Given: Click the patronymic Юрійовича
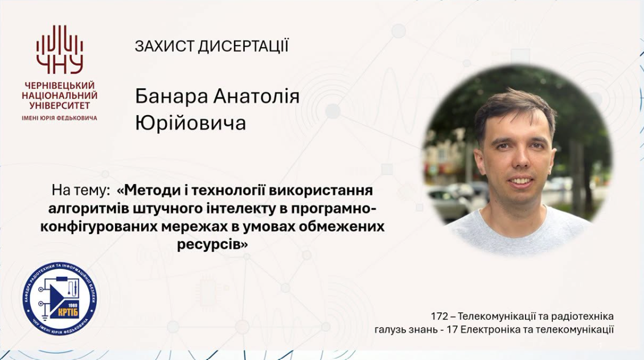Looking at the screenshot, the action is tap(191, 123).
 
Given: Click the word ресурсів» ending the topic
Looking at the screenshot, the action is tap(213, 245).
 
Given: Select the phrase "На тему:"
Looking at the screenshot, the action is tap(81, 190).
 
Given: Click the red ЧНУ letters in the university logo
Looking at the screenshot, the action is tap(60, 65).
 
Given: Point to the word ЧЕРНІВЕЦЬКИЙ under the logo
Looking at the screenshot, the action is tap(60, 85).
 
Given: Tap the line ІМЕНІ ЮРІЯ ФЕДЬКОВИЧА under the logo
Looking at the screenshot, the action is tap(60, 118).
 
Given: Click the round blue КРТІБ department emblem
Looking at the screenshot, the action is tap(60, 298).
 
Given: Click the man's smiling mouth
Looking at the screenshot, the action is tap(520, 181).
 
